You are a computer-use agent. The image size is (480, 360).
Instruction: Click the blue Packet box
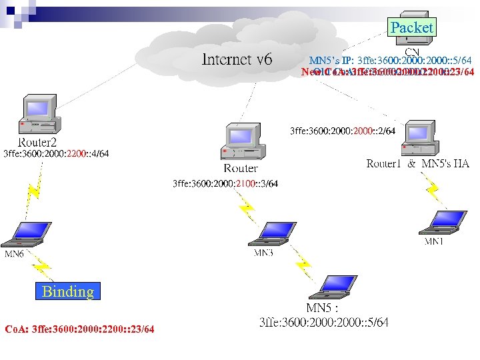tap(411, 27)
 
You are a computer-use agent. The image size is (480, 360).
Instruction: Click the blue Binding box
tap(67, 291)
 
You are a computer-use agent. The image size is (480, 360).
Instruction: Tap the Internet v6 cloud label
tap(237, 60)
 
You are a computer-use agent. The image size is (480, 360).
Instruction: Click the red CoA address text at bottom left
tap(79, 329)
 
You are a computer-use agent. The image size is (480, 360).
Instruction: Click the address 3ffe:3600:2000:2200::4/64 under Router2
tap(56, 154)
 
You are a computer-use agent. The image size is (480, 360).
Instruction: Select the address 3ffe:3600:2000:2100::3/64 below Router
tap(225, 183)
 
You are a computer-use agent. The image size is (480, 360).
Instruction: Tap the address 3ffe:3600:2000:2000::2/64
tap(343, 131)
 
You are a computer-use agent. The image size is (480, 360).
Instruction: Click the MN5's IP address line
tap(390, 61)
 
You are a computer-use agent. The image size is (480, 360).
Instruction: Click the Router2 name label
tap(37, 143)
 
